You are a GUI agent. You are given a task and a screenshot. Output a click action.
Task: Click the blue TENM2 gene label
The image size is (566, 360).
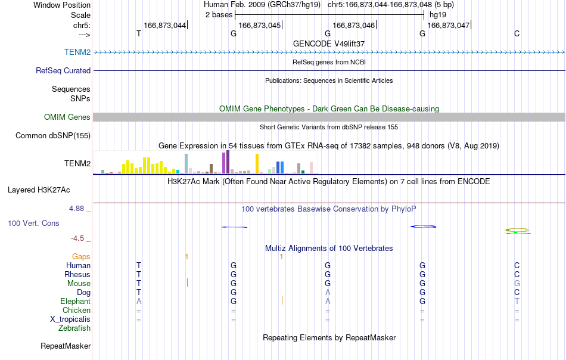click(77, 52)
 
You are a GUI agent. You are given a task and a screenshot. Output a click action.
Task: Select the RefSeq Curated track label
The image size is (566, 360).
click(63, 70)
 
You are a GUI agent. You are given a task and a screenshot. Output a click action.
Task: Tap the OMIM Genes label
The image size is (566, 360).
click(67, 117)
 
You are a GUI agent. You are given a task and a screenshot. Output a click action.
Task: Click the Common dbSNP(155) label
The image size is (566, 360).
click(53, 135)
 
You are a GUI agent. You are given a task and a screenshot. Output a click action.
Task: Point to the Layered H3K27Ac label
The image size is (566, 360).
click(39, 190)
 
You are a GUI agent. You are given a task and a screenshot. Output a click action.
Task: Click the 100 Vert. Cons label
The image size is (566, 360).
click(33, 223)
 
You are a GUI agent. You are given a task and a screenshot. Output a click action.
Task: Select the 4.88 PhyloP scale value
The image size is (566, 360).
click(76, 209)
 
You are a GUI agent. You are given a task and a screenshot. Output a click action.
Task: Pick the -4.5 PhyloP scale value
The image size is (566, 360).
click(77, 238)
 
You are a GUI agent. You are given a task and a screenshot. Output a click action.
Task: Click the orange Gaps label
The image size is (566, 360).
click(81, 256)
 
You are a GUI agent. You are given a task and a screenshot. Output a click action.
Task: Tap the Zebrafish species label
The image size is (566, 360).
click(74, 328)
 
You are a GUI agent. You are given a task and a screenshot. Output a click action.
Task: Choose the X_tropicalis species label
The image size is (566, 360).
click(70, 319)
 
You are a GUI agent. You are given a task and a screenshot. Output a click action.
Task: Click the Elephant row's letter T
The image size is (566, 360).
click(517, 301)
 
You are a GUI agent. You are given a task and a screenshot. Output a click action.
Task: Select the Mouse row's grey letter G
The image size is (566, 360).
click(517, 284)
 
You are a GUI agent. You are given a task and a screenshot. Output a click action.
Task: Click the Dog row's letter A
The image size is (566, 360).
click(328, 292)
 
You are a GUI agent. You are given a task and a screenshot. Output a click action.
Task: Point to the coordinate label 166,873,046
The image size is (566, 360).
click(354, 25)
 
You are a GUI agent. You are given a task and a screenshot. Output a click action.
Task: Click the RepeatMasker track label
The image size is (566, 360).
click(66, 346)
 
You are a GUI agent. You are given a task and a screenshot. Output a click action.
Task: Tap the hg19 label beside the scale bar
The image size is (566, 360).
click(438, 15)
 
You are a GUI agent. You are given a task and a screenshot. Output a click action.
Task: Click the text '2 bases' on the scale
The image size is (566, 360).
click(219, 15)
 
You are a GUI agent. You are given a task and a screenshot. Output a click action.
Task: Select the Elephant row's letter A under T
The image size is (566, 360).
click(139, 301)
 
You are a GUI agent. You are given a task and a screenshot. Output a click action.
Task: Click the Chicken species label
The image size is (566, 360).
click(76, 310)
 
